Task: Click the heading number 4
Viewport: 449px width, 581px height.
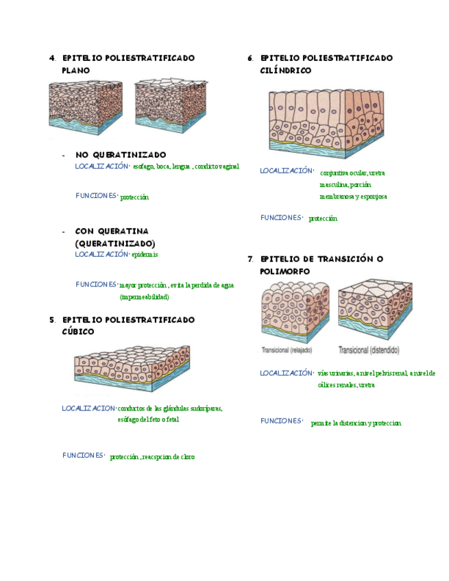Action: pos(52,58)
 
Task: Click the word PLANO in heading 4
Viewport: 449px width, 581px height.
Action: pos(75,71)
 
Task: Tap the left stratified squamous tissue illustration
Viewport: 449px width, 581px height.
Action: pos(85,107)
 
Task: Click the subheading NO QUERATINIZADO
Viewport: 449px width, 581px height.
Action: pos(121,155)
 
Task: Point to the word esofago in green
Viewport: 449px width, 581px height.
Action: pos(143,166)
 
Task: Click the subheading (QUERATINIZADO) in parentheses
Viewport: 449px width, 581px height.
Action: pos(115,243)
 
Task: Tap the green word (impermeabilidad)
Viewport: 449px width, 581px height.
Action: pos(144,297)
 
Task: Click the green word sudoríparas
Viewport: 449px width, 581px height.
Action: pos(204,408)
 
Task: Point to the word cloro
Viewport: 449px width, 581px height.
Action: pos(186,456)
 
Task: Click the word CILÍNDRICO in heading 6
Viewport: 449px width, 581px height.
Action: pos(286,71)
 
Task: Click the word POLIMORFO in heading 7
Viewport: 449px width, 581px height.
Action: pos(285,271)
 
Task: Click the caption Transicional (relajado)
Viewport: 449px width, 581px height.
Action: pos(287,350)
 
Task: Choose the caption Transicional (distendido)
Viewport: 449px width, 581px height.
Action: pos(369,350)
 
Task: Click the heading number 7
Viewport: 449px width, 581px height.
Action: pos(251,259)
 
